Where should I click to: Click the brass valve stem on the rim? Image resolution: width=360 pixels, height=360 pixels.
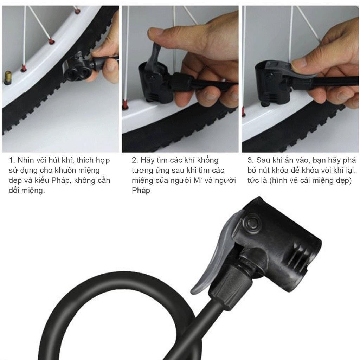click(8, 78)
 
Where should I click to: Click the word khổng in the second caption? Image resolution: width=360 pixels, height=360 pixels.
click(207, 160)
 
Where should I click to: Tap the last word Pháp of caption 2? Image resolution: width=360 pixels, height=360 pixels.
click(141, 190)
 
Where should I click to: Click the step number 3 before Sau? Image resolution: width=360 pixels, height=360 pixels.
click(250, 160)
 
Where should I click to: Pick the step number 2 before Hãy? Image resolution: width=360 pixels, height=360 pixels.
click(135, 160)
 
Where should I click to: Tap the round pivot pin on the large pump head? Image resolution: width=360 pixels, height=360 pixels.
click(252, 222)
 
